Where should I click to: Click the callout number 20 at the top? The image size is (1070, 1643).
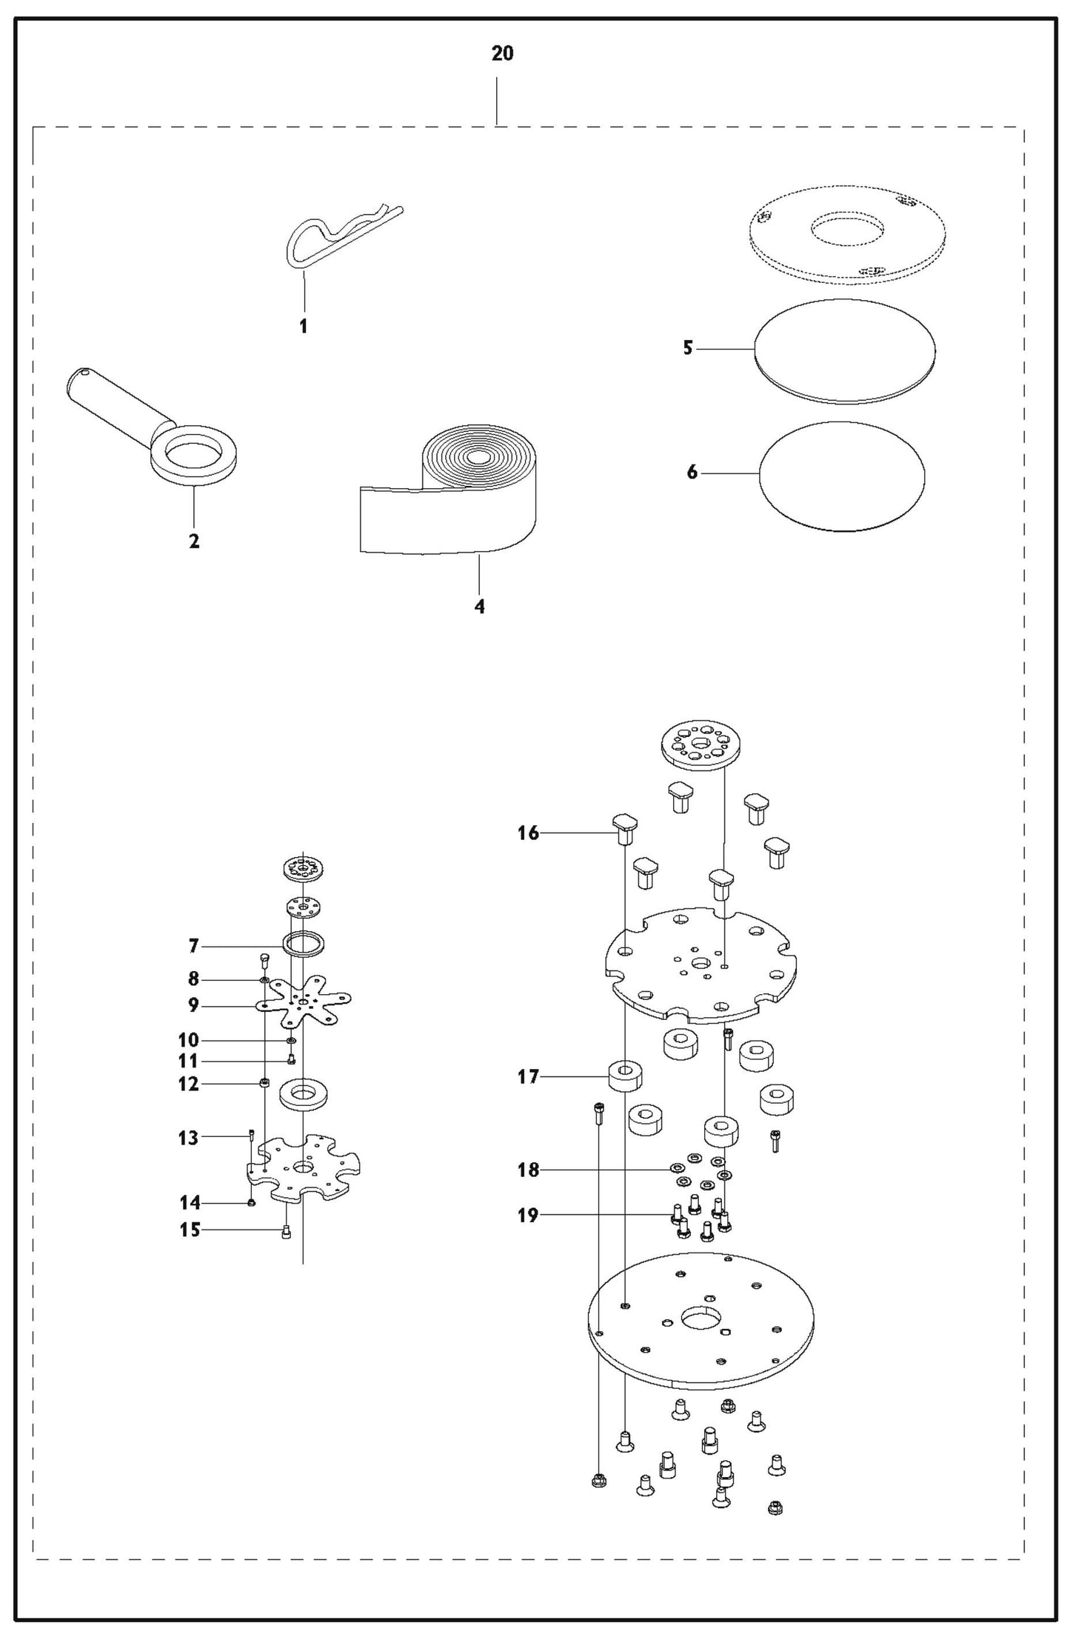tap(502, 54)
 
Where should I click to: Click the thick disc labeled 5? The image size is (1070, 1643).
tap(844, 351)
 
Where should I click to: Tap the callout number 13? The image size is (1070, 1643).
tap(188, 1137)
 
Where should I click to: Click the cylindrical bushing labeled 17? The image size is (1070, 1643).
tap(624, 1077)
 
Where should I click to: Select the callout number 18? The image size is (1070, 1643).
tap(528, 1170)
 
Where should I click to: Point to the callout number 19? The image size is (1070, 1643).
tap(528, 1216)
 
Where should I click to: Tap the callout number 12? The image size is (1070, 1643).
tap(189, 1084)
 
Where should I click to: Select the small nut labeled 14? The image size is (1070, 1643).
tap(251, 1202)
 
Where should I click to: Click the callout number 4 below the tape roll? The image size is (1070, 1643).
tap(480, 607)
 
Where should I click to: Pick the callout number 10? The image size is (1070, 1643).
tap(189, 1040)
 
